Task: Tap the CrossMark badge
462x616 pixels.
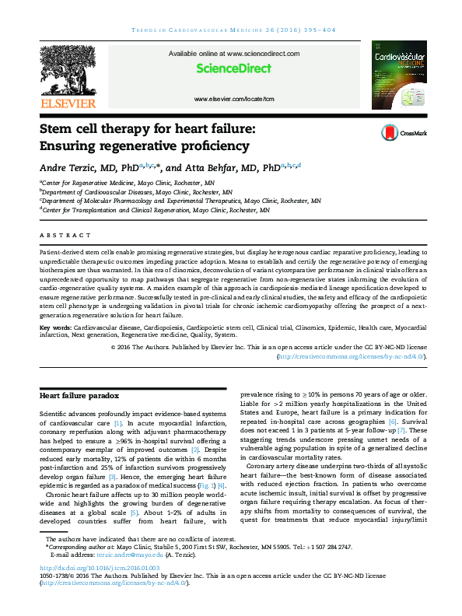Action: (404, 133)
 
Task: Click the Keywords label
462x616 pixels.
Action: (54, 328)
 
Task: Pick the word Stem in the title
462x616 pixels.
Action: (57, 129)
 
